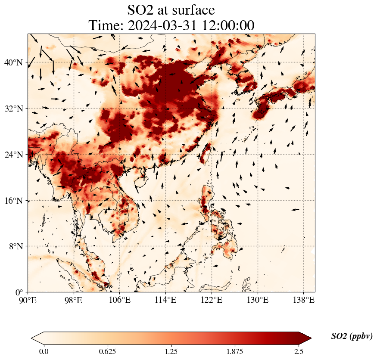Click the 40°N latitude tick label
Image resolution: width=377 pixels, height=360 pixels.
pos(13,62)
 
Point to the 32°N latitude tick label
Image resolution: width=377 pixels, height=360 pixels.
pos(13,109)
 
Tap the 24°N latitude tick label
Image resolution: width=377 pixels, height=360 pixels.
pos(13,155)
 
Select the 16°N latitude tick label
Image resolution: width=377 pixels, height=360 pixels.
pos(13,201)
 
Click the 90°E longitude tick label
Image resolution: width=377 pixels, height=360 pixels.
pos(28,299)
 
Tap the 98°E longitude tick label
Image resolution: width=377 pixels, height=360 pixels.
pos(74,299)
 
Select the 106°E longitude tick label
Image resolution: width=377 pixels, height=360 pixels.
pos(119,299)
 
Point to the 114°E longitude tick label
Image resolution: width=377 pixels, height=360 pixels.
pos(165,299)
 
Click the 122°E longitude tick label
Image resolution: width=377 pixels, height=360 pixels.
pos(212,299)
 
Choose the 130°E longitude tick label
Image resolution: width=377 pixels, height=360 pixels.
pos(257,299)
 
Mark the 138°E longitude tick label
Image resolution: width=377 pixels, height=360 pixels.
pos(303,299)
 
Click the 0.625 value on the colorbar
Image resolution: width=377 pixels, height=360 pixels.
pos(107,351)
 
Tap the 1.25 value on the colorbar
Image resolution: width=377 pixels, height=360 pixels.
pos(171,351)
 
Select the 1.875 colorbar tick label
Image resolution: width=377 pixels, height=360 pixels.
pos(235,351)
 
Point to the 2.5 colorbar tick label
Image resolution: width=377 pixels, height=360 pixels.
pos(299,351)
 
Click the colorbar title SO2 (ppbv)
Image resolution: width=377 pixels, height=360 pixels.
pos(352,336)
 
